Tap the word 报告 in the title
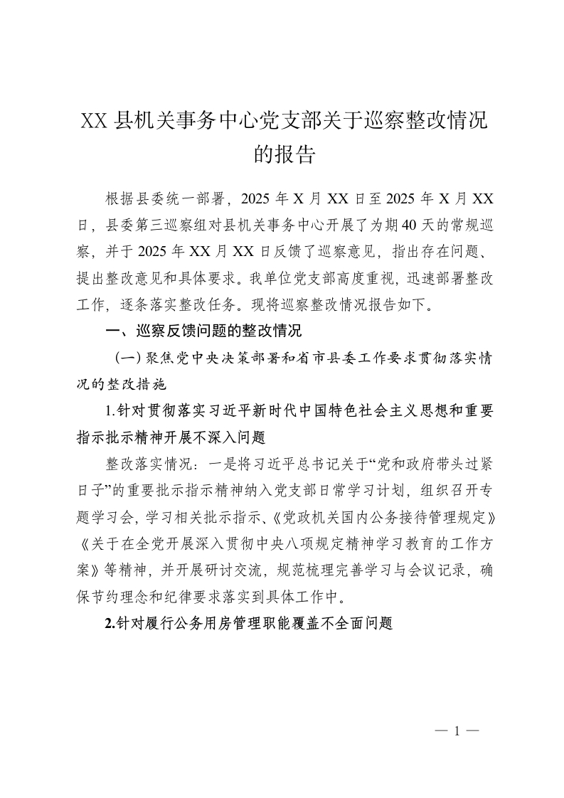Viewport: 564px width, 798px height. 294,154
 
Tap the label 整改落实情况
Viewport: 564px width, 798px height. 147,464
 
